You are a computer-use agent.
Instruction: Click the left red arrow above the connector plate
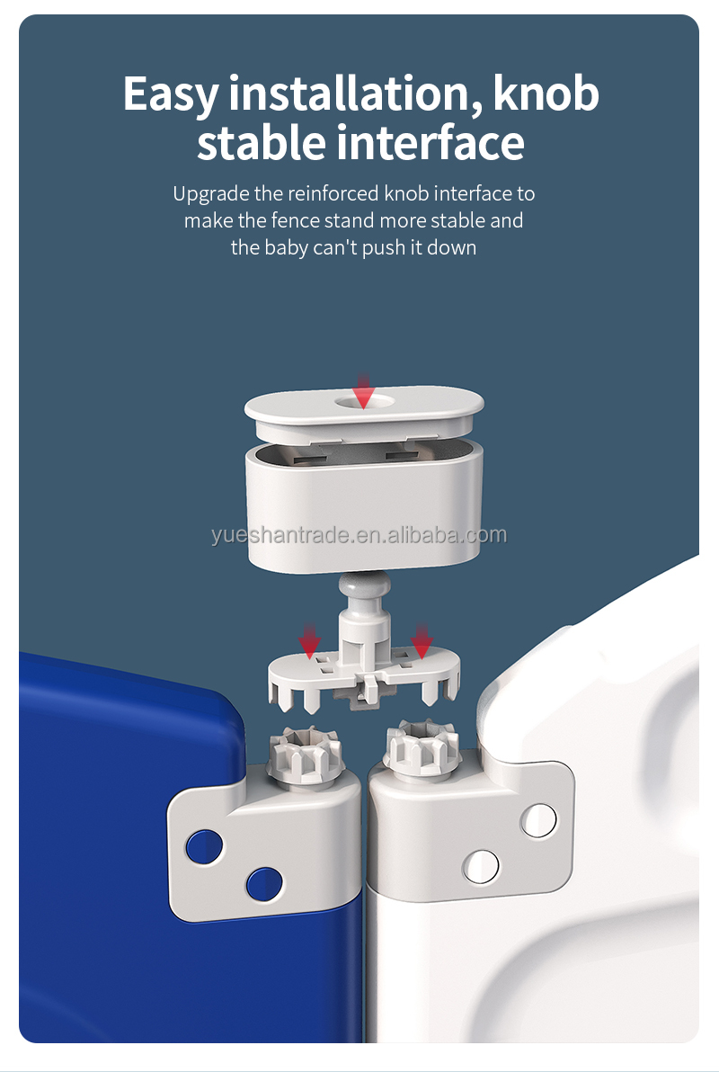pos(310,640)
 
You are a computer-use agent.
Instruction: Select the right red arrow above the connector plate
pos(421,640)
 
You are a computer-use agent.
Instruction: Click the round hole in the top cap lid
pos(363,401)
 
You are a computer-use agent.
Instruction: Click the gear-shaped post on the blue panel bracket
pos(299,752)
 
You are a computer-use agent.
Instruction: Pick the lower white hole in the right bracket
pos(481,864)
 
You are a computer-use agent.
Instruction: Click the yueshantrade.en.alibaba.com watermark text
pos(359,536)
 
